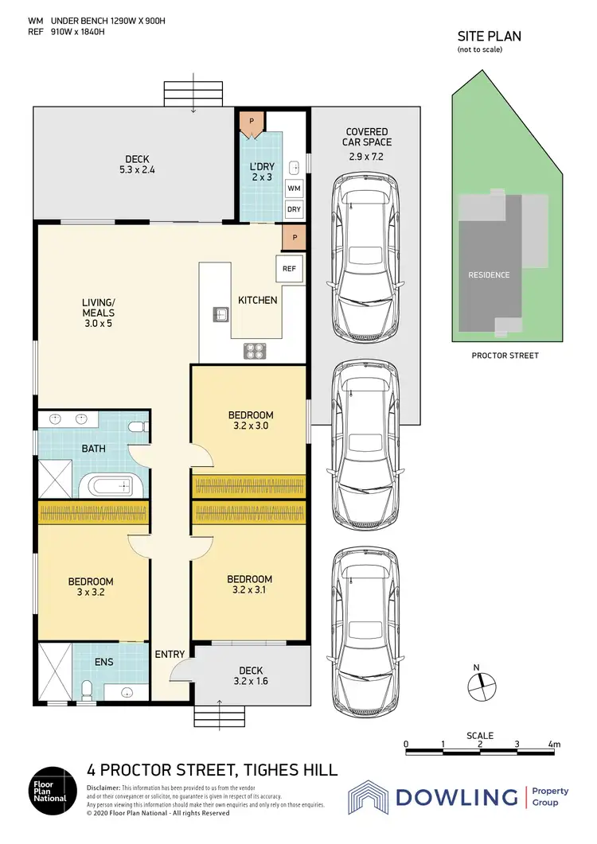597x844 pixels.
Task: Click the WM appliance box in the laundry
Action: (x=294, y=188)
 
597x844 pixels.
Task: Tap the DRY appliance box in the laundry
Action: (x=294, y=209)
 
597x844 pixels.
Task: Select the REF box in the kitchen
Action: (x=289, y=269)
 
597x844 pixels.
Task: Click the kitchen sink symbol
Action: (x=220, y=313)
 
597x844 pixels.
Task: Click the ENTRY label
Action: (x=170, y=655)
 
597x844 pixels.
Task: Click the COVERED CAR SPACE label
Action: (x=366, y=143)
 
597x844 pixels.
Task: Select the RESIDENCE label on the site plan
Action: (x=488, y=275)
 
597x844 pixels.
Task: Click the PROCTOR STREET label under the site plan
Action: (x=505, y=356)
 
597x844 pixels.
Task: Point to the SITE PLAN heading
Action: (x=489, y=36)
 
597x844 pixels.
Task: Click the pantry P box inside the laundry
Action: (x=252, y=121)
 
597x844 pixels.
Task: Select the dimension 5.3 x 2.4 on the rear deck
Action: (x=136, y=169)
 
